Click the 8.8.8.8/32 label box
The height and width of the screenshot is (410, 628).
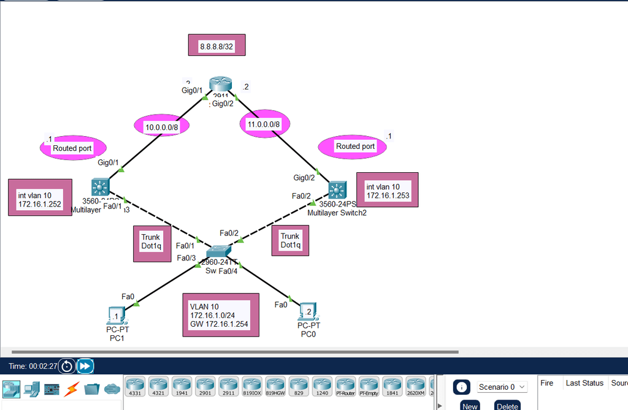(x=217, y=45)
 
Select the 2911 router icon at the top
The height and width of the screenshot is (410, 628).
(x=218, y=85)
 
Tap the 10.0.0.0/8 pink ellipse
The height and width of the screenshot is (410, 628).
(x=161, y=126)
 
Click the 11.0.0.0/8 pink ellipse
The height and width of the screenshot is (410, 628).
(x=264, y=124)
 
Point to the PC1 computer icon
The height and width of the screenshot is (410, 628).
(x=116, y=315)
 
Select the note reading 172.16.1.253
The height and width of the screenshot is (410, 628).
(x=387, y=191)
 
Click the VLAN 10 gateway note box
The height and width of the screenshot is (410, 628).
(x=220, y=314)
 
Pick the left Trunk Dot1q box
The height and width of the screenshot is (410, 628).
(x=151, y=243)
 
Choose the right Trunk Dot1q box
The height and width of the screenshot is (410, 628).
(x=290, y=240)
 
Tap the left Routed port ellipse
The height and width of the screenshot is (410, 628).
(x=74, y=148)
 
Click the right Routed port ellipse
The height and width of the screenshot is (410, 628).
(x=355, y=146)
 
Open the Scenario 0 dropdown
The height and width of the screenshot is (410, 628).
(x=502, y=387)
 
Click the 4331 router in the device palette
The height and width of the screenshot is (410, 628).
(x=136, y=386)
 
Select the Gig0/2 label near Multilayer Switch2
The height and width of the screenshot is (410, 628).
(x=304, y=178)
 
